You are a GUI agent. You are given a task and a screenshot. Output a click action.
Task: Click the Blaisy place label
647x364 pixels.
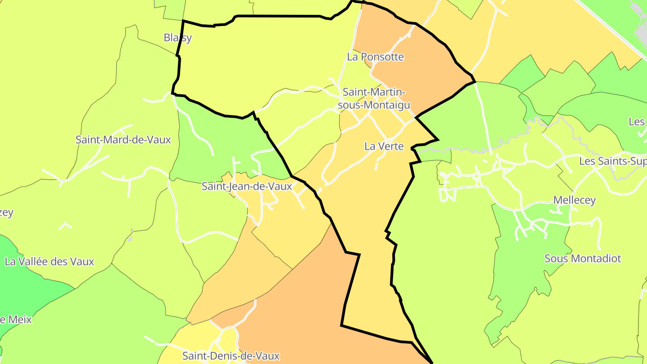[177, 38]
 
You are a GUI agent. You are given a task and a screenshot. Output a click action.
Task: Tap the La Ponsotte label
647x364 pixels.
[375, 57]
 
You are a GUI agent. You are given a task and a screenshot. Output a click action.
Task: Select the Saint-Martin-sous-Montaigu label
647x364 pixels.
[374, 98]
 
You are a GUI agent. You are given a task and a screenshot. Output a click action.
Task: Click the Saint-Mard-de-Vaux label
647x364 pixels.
[123, 140]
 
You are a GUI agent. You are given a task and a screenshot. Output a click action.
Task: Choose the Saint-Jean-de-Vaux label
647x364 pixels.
[247, 186]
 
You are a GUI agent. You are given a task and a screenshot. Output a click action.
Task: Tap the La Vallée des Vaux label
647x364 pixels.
[49, 262]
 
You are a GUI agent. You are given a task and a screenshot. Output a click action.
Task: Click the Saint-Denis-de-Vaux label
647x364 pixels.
[231, 356]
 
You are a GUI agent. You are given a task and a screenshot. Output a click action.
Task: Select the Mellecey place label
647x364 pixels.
[574, 200]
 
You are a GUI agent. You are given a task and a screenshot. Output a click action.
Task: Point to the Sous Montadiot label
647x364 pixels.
[582, 258]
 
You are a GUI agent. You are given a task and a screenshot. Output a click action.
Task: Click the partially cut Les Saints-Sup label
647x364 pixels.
[613, 161]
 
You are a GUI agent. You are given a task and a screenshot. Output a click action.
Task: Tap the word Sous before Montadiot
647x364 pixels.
[554, 258]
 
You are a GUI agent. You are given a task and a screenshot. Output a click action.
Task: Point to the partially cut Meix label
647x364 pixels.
[16, 320]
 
